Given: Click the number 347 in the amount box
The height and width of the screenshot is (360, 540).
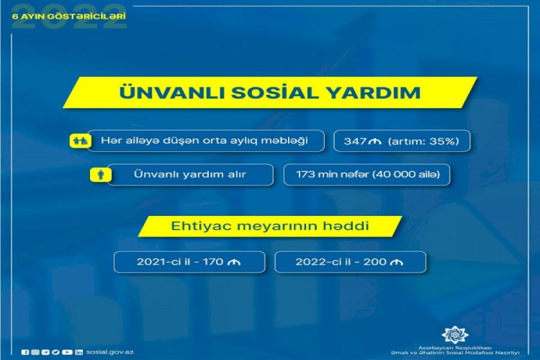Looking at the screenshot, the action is (x=355, y=141).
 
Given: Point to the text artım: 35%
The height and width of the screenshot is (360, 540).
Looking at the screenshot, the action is (x=424, y=141).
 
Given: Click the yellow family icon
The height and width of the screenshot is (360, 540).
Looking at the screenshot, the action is (x=80, y=141).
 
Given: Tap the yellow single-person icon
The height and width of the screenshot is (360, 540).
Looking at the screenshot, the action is (x=101, y=175).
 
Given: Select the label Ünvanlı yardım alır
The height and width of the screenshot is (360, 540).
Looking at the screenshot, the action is (x=190, y=175).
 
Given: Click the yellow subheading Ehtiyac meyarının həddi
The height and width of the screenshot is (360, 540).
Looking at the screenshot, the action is (x=269, y=226).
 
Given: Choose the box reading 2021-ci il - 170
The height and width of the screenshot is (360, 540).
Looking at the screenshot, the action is (x=190, y=262).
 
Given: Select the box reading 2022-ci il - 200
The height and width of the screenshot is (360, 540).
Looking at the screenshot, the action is (x=350, y=262).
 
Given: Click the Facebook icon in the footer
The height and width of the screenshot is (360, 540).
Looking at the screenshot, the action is (x=25, y=352).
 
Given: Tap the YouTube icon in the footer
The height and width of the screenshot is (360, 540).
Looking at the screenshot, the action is (x=67, y=352).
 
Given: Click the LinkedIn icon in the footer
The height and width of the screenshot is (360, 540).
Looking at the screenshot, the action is (x=79, y=352).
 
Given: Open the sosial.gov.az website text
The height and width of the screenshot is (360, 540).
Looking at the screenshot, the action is (x=110, y=352).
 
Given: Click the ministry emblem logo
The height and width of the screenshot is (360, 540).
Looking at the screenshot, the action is (x=455, y=334).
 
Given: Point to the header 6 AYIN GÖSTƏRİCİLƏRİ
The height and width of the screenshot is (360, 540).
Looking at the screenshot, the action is (x=69, y=16).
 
